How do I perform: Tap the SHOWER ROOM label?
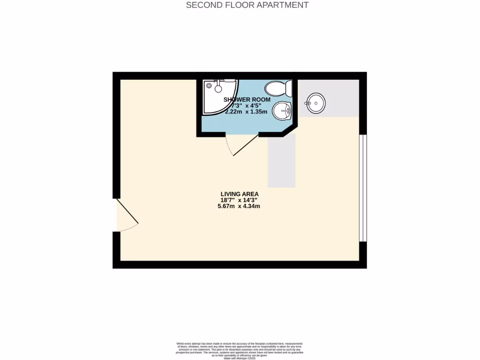(247, 99)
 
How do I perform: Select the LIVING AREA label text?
(240, 194)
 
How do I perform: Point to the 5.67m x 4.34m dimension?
(240, 206)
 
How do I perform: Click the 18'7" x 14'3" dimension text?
(240, 200)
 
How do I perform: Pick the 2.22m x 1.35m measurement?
(246, 112)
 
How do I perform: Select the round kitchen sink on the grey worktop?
(316, 103)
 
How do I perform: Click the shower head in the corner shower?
(209, 85)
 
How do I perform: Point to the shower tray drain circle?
(218, 89)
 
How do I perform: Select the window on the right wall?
(363, 188)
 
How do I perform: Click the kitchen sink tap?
(308, 103)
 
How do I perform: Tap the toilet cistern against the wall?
(289, 88)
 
